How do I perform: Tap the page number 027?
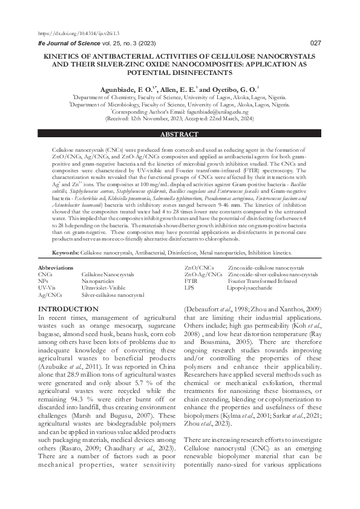[x=315, y=43]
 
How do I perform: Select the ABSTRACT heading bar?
[x=180, y=134]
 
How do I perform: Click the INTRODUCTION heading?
[x=68, y=309]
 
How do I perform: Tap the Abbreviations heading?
[x=56, y=267]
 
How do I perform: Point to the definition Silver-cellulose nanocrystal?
[x=113, y=295]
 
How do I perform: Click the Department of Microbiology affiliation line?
[x=180, y=104]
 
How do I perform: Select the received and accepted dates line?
[x=180, y=119]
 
